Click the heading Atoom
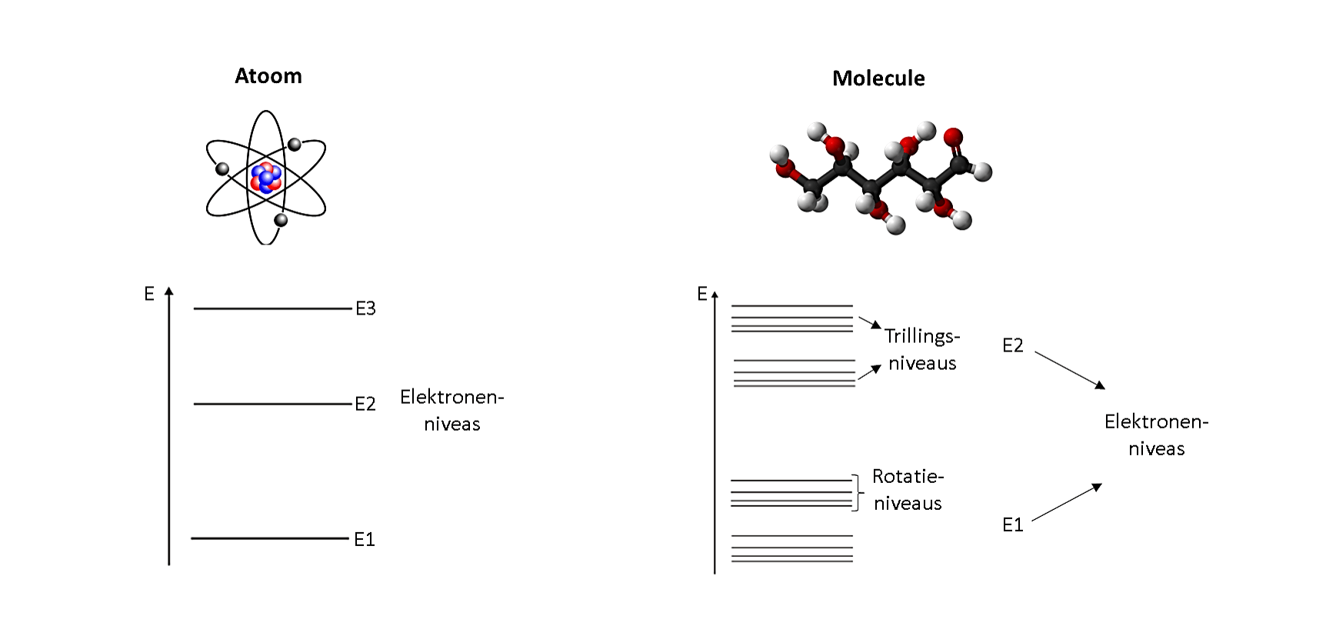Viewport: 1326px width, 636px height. [268, 76]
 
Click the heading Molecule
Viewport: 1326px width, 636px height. [878, 78]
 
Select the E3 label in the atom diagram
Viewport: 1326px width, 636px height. [365, 308]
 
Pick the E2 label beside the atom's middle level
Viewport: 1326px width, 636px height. [365, 404]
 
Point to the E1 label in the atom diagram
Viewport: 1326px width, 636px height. [365, 539]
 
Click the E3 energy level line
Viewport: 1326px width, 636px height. [272, 308]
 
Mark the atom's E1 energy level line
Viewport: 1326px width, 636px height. [270, 538]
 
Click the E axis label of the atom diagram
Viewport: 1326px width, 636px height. [149, 293]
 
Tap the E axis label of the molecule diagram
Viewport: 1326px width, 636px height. [701, 293]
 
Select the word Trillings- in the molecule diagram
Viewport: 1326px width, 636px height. [922, 336]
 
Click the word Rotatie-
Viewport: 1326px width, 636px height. [908, 476]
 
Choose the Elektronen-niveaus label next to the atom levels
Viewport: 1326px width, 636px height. [452, 410]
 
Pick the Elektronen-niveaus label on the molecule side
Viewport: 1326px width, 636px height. [1157, 435]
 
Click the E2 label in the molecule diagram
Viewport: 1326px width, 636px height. [1013, 345]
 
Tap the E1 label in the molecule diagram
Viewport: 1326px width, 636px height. [1013, 524]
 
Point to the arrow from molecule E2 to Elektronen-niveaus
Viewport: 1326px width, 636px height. [1070, 370]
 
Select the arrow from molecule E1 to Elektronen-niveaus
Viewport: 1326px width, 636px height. [1067, 502]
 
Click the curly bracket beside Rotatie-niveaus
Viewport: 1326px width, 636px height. [856, 492]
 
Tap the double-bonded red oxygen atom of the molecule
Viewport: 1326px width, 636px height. [953, 138]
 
